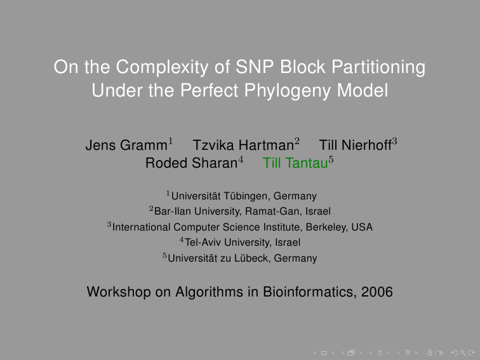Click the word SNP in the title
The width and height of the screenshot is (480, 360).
(255, 67)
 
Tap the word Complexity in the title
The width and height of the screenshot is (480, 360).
(163, 67)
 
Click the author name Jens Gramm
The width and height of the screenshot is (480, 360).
(126, 145)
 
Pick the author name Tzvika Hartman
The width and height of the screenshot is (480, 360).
(243, 145)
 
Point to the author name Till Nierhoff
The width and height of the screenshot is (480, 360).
(355, 145)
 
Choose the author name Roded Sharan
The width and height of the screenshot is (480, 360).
(191, 163)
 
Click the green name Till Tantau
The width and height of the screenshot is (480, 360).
(295, 163)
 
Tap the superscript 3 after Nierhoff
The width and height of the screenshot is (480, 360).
(394, 142)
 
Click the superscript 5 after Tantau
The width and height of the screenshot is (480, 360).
(331, 159)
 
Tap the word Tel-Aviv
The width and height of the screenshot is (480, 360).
(203, 242)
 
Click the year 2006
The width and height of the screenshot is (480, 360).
(377, 291)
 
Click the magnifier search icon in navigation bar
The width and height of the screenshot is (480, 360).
(463, 353)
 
